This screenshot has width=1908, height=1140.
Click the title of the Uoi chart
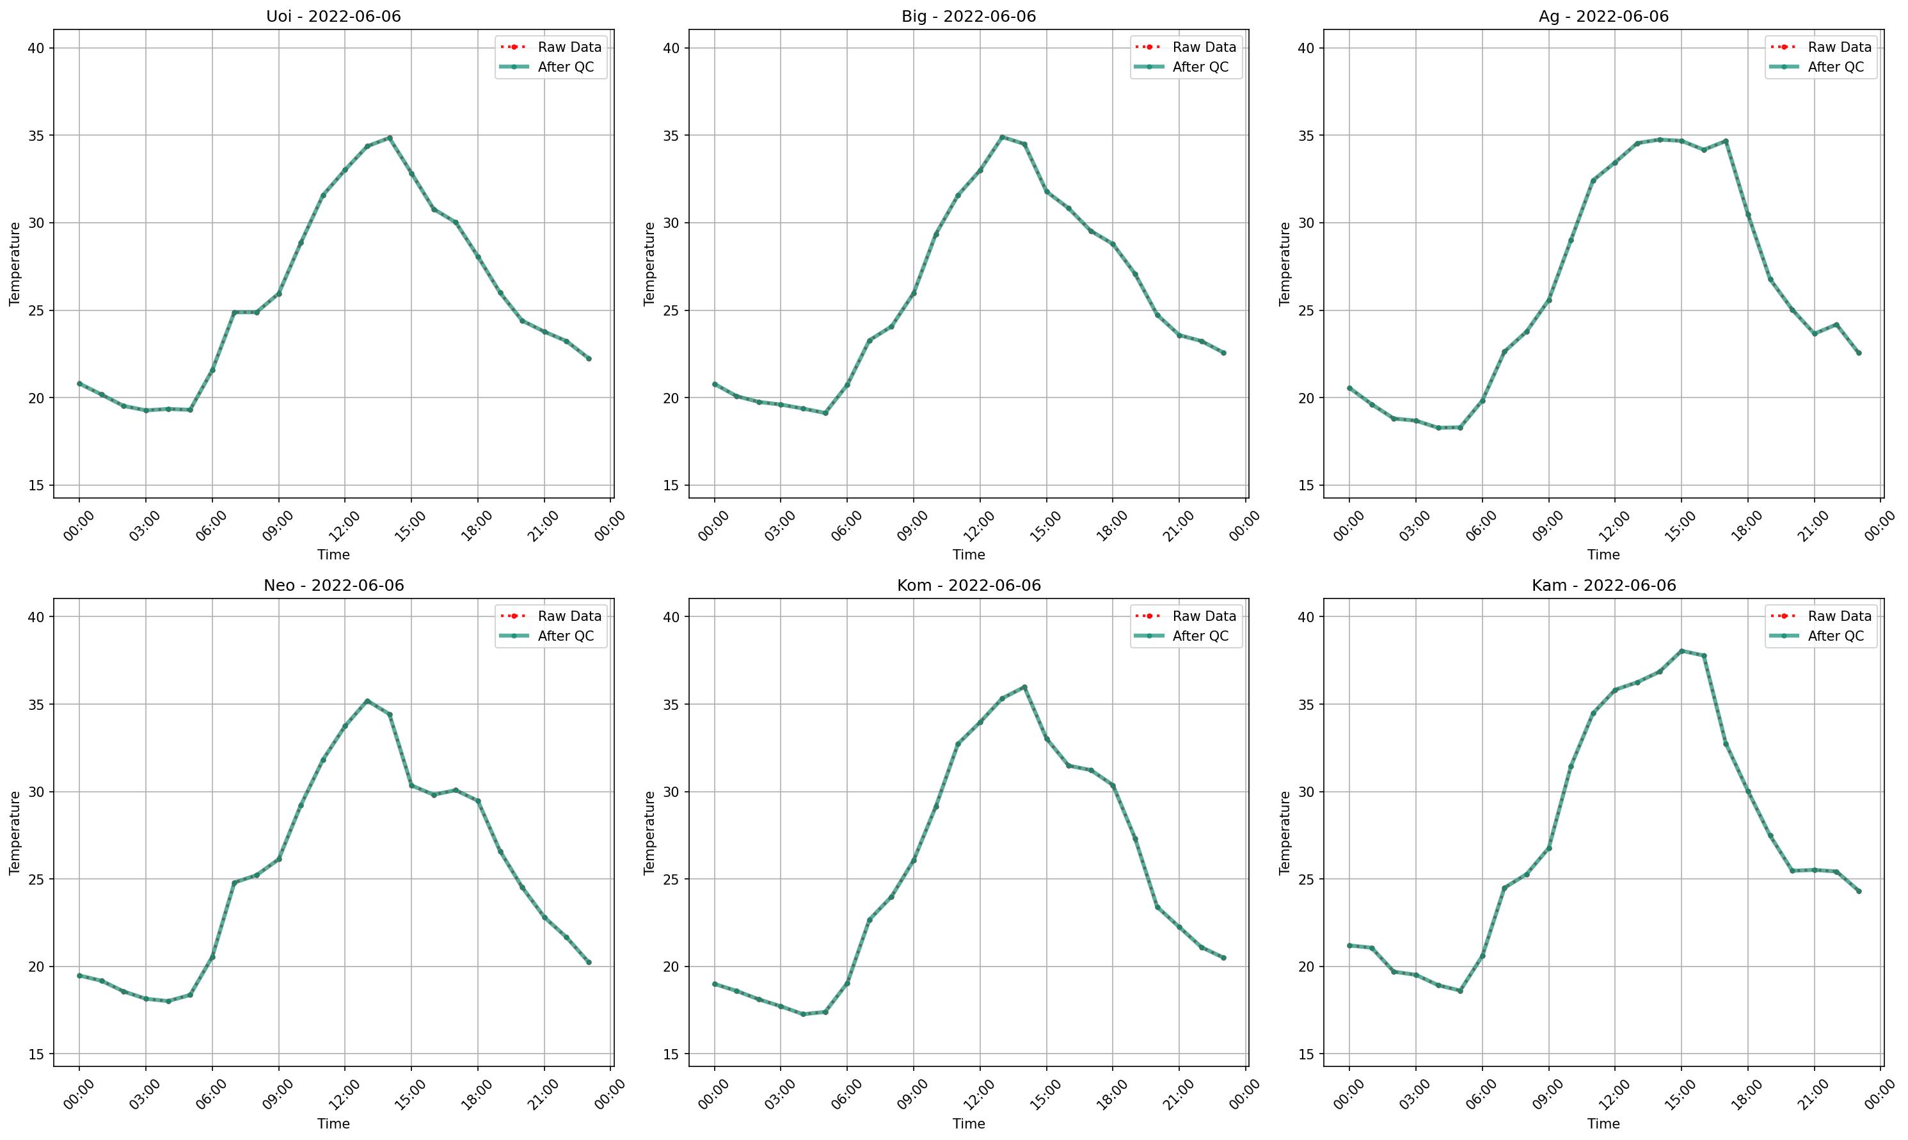tap(333, 16)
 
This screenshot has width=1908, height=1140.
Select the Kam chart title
tap(1603, 586)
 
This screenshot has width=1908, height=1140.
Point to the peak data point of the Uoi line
tap(389, 138)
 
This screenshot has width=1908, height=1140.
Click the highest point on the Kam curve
tap(1681, 651)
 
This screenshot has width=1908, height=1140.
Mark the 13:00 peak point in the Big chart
tap(1002, 138)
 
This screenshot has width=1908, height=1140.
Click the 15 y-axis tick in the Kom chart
tap(671, 1054)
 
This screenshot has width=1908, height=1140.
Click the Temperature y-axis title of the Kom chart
tap(649, 833)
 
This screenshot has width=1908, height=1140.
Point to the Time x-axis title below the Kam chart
tap(1603, 1124)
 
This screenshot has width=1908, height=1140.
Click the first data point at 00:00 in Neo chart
tap(79, 975)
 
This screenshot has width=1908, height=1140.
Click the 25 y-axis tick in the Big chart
tap(671, 311)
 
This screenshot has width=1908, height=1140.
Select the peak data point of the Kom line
tap(1024, 687)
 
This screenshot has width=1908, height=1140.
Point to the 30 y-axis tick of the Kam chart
tap(1305, 792)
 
